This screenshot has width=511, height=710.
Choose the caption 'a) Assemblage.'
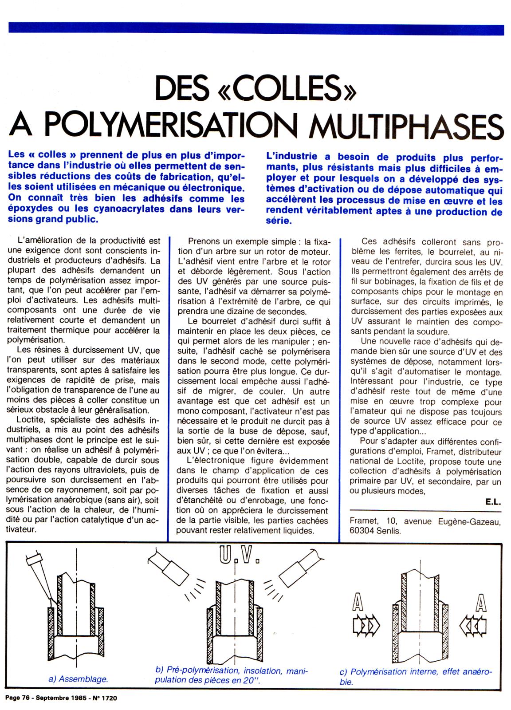click(x=78, y=679)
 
